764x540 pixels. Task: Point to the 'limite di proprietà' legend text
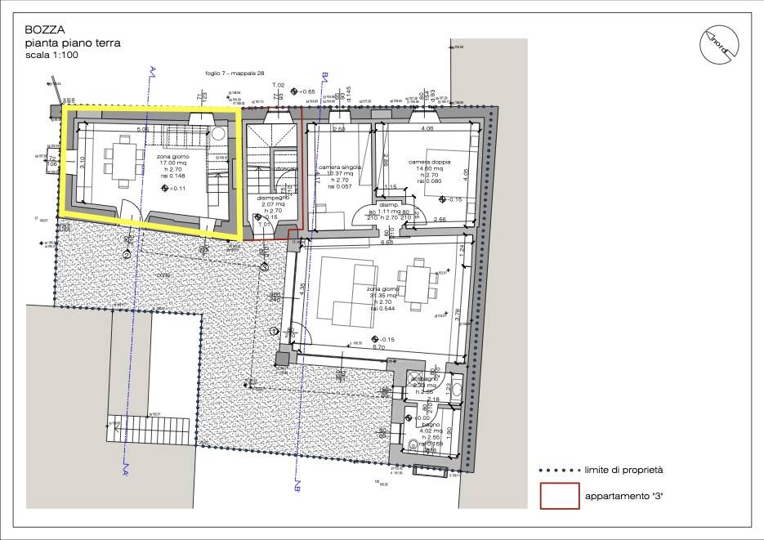(623, 470)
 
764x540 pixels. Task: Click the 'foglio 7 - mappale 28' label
(235, 74)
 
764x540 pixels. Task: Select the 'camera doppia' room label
(427, 163)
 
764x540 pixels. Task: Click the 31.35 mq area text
(384, 296)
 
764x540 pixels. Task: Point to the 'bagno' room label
(431, 426)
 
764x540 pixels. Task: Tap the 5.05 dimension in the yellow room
(142, 129)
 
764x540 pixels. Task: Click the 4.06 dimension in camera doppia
(427, 129)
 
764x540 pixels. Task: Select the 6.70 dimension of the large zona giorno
(378, 347)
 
